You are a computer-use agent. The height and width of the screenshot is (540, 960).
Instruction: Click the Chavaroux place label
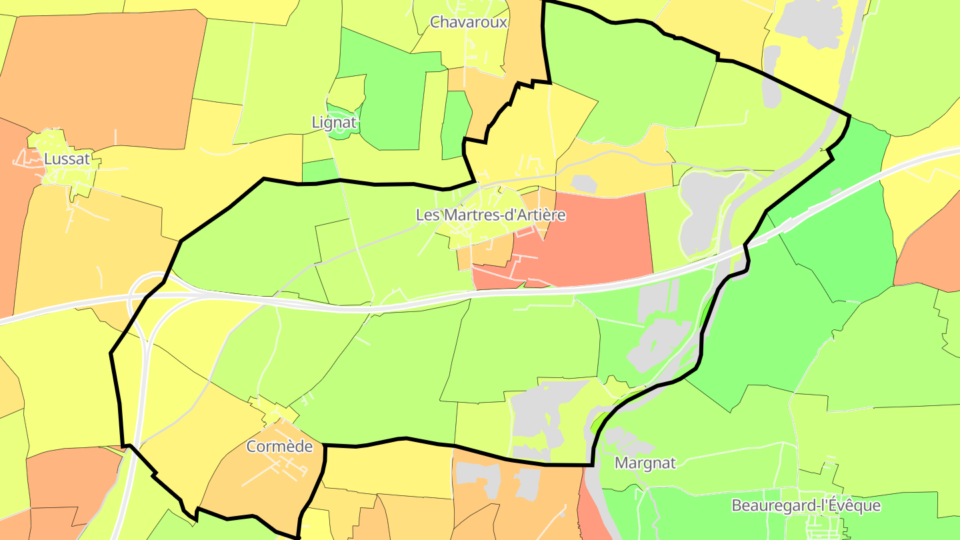tap(469, 22)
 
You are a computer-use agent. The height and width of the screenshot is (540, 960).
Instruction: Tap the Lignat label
tap(335, 123)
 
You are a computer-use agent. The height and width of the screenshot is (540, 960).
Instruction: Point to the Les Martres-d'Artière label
tap(490, 215)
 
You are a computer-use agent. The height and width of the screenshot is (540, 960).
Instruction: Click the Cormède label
tap(279, 447)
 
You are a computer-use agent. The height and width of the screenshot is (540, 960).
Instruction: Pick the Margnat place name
tap(645, 463)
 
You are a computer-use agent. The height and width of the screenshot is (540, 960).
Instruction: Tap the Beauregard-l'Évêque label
tap(805, 505)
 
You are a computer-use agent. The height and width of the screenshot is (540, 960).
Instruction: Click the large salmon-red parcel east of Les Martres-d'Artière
tap(587, 240)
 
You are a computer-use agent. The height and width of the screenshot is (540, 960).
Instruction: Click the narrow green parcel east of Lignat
tap(456, 123)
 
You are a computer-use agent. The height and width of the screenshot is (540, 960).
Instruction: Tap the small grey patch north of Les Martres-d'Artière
tap(584, 183)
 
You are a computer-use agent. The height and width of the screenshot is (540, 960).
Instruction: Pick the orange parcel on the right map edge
tap(930, 247)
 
